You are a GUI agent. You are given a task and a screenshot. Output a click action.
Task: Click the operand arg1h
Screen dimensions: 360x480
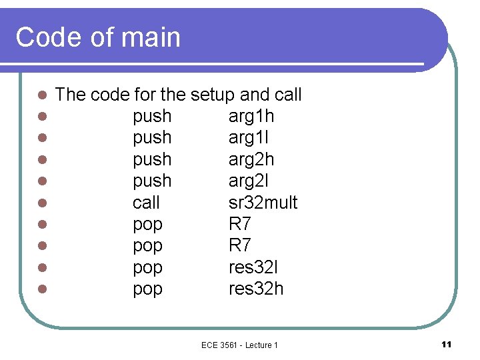tap(251, 117)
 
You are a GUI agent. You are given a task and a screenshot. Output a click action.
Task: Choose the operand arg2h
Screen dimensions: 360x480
tap(251, 160)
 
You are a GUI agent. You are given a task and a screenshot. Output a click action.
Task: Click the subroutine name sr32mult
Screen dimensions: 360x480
tap(263, 203)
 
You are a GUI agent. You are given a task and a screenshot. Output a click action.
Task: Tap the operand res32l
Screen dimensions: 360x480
tap(253, 267)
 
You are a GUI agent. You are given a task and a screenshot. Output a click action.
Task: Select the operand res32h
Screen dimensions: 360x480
tap(256, 289)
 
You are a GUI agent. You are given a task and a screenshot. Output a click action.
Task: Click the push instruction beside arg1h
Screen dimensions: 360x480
tap(152, 117)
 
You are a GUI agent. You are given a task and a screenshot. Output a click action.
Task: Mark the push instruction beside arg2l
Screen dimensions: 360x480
tap(152, 181)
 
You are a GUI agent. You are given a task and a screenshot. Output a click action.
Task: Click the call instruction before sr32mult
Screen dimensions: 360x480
tap(146, 203)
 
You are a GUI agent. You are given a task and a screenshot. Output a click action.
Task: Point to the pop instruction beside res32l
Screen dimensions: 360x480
tap(147, 267)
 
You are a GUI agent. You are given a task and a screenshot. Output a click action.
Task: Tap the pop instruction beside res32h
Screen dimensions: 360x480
tap(147, 289)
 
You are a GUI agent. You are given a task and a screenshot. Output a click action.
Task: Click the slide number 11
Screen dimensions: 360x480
tap(447, 344)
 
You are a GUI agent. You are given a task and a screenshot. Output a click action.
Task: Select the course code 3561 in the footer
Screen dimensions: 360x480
tap(231, 345)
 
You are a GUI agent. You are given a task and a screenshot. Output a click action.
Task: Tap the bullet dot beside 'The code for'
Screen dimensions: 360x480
tap(42, 95)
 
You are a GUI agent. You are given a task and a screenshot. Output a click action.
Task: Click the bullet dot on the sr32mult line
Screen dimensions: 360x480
tap(42, 203)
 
